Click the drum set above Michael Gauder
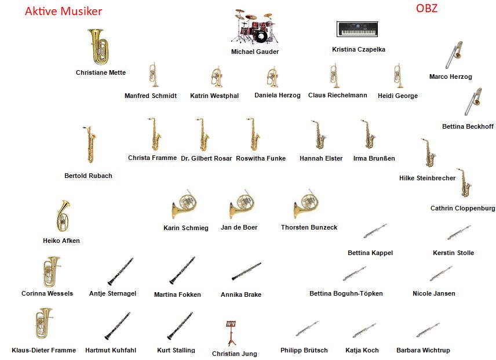click(x=255, y=26)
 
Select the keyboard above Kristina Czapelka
click(x=357, y=30)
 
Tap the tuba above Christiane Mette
click(x=99, y=47)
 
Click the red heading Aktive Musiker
click(x=64, y=11)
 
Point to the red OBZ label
click(x=426, y=8)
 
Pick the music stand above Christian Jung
click(x=231, y=333)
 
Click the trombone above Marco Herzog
click(x=454, y=54)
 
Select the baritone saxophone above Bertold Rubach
click(x=89, y=144)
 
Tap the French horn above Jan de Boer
click(x=242, y=205)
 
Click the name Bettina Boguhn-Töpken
click(x=346, y=293)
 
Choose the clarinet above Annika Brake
click(x=246, y=271)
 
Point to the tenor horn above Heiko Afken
click(x=63, y=216)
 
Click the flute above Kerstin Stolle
click(x=459, y=232)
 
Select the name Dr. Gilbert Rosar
click(x=206, y=158)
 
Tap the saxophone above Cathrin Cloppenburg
click(x=464, y=183)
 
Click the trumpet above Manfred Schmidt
click(x=154, y=75)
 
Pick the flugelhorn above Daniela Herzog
click(x=272, y=77)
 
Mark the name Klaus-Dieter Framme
click(x=43, y=350)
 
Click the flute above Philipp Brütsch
click(x=307, y=329)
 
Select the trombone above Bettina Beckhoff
click(x=473, y=101)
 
